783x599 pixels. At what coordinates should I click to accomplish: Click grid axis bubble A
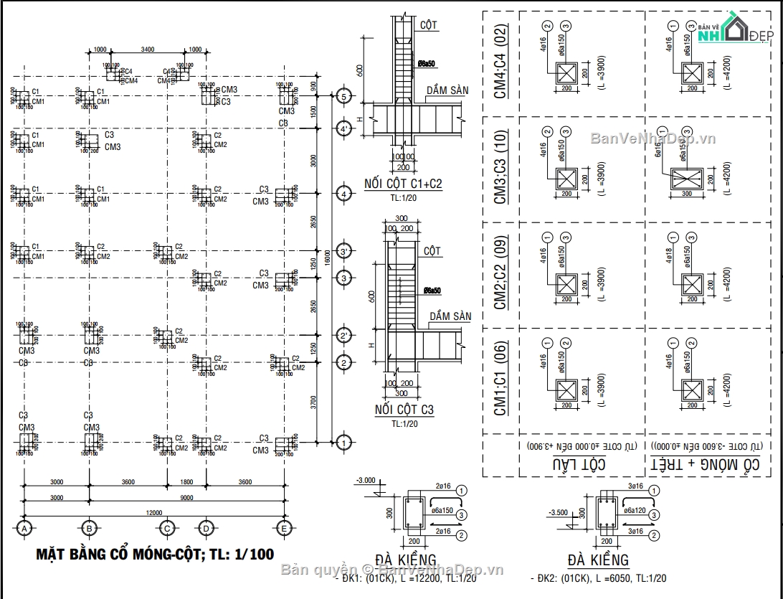(x=24, y=529)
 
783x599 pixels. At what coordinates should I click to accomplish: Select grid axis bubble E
(x=284, y=529)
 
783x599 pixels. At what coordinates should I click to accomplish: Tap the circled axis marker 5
(x=343, y=96)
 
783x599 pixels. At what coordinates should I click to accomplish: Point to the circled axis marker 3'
(x=343, y=252)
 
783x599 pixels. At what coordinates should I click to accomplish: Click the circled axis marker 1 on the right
(x=343, y=443)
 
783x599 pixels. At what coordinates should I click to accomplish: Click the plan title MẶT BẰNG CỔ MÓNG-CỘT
(x=155, y=554)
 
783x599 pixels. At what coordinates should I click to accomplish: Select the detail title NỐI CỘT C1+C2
(x=403, y=184)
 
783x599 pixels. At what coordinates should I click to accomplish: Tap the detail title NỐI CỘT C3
(x=404, y=410)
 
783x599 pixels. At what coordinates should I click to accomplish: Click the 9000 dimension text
(x=186, y=497)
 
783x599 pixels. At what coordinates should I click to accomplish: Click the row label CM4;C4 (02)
(x=500, y=62)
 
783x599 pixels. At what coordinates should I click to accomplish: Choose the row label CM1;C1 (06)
(x=500, y=380)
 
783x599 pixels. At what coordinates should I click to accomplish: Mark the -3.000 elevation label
(x=366, y=479)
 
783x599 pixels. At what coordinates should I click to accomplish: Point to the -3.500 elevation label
(x=558, y=513)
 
